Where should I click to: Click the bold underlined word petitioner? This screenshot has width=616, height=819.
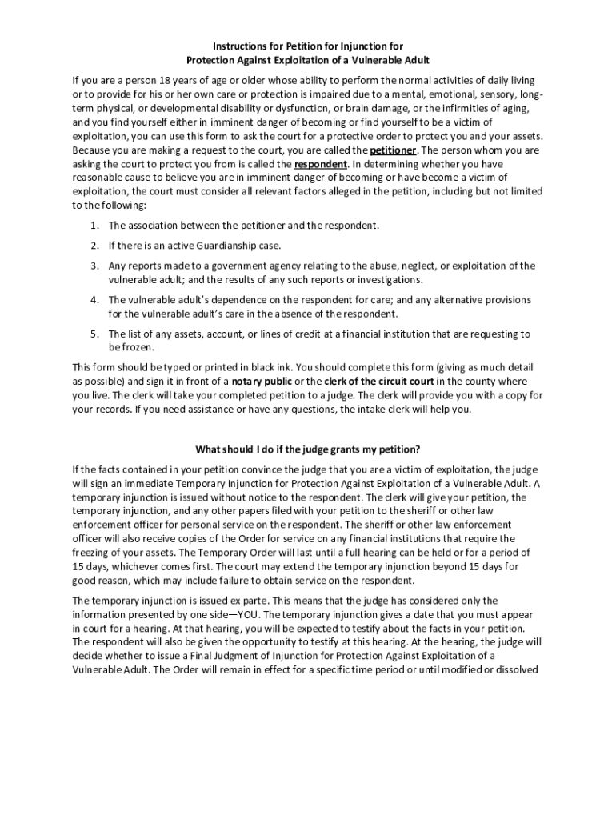pos(393,150)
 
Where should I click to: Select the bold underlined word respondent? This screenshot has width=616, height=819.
pos(321,164)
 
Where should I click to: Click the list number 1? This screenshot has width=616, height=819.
pos(94,226)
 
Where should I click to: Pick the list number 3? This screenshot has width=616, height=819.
pos(94,266)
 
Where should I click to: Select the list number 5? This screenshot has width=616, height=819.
pos(94,334)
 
